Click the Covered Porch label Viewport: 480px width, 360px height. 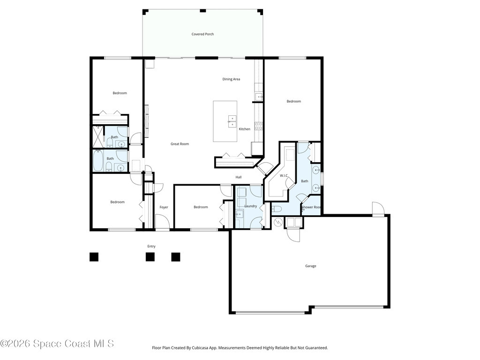[202, 34]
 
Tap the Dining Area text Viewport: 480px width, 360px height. [231, 79]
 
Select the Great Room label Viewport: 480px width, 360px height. [180, 144]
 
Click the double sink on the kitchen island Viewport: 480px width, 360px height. [232, 121]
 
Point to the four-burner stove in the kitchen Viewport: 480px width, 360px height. [258, 126]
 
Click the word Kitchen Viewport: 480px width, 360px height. [245, 129]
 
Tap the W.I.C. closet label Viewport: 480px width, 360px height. [284, 176]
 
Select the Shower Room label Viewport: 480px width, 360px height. [311, 207]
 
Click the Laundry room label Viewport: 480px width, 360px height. [250, 206]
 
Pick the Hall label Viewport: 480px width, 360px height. [239, 177]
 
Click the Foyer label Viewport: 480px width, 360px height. [164, 207]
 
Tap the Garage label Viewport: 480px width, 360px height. [310, 266]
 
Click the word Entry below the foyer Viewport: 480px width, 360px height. [151, 246]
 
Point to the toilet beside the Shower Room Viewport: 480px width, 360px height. [277, 209]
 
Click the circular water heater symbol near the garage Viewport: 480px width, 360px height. [278, 222]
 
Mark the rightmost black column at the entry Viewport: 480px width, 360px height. [176, 257]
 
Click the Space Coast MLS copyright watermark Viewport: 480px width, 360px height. [57, 344]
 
